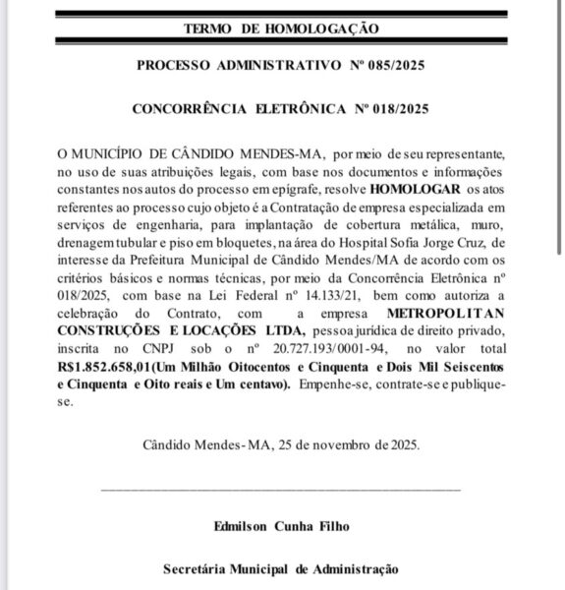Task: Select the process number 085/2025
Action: tap(396, 67)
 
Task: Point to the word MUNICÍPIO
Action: tap(107, 155)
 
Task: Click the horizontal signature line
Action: tap(281, 487)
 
